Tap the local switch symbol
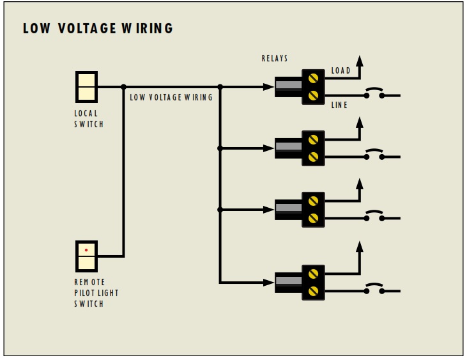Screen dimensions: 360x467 click(x=86, y=87)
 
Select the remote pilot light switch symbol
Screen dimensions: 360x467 click(x=86, y=256)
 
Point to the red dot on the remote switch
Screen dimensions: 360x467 click(x=86, y=250)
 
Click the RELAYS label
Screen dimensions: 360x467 click(x=275, y=59)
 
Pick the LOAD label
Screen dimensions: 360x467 click(x=341, y=71)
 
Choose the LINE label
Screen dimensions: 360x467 click(x=339, y=105)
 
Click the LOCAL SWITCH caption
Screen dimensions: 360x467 click(x=89, y=119)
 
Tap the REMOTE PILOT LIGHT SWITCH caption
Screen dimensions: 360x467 click(x=96, y=293)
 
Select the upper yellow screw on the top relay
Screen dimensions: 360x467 click(x=313, y=79)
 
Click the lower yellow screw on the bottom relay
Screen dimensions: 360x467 click(x=313, y=291)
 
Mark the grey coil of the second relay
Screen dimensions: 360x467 click(x=288, y=147)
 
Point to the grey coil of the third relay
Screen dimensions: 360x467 click(x=288, y=208)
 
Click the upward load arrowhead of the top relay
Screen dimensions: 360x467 click(x=360, y=61)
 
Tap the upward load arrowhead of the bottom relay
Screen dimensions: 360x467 click(x=360, y=246)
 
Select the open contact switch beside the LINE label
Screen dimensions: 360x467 click(x=374, y=94)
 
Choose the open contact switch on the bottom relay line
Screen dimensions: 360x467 click(x=374, y=290)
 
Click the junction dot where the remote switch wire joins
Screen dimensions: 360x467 click(x=123, y=86)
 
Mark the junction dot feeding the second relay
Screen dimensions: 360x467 click(x=220, y=148)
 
